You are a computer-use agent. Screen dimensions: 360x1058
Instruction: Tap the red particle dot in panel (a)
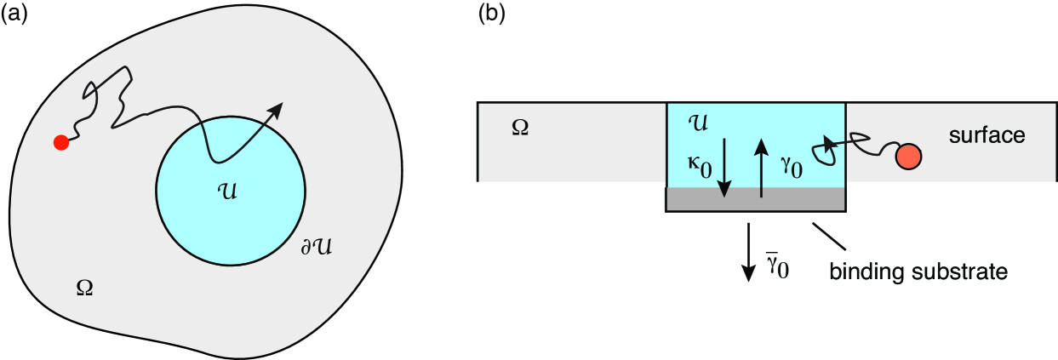60,142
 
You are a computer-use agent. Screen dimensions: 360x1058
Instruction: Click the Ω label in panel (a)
83,288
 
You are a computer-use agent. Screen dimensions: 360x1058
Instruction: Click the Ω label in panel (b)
519,127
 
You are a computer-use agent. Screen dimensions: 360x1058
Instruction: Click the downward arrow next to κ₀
724,167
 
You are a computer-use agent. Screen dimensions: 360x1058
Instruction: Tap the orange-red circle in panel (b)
907,157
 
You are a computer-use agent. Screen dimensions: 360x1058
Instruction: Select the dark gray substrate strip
755,199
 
